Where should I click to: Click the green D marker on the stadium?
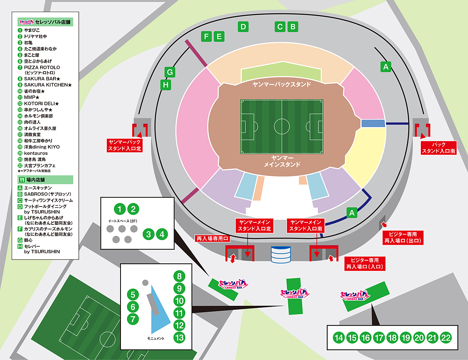click(x=243, y=26)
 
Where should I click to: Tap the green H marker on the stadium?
click(x=166, y=85)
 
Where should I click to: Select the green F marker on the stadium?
click(x=206, y=36)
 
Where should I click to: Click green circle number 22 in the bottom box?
click(x=446, y=338)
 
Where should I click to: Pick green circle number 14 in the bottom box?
click(x=339, y=338)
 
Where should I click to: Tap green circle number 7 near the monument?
click(x=133, y=319)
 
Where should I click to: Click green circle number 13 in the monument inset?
click(x=179, y=338)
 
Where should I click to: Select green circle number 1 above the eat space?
click(x=120, y=209)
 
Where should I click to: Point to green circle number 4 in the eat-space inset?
click(x=162, y=234)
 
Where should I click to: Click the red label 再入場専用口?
click(x=213, y=238)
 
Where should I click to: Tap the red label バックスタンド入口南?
click(x=439, y=148)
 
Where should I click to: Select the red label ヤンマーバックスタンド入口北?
click(x=124, y=145)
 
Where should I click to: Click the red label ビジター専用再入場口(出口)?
click(x=403, y=238)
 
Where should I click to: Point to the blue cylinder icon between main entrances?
click(x=281, y=255)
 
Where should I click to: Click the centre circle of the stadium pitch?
click(x=282, y=127)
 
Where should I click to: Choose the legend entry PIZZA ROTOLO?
click(x=42, y=67)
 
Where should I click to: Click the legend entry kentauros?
click(x=36, y=154)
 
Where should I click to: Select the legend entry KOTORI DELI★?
click(x=41, y=104)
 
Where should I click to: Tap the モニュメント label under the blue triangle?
click(x=156, y=339)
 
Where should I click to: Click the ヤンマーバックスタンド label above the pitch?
click(x=282, y=85)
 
